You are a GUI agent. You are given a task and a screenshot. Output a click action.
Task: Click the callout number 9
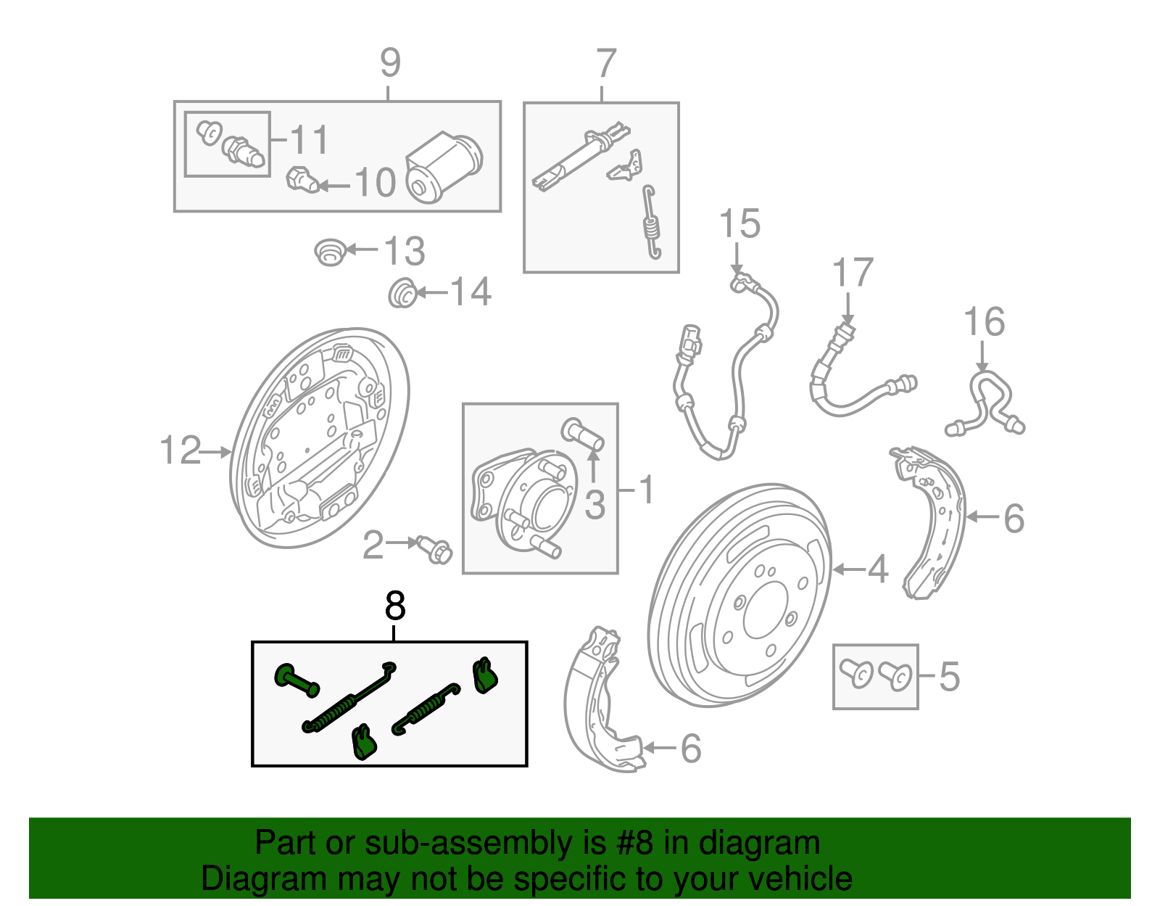click(x=390, y=64)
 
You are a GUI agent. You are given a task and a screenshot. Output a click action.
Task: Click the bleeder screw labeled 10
click(x=302, y=179)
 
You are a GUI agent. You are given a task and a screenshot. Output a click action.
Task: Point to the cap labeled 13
click(x=330, y=251)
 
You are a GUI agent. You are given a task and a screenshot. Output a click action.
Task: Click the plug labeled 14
click(x=402, y=293)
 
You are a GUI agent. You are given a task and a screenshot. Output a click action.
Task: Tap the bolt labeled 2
click(x=433, y=548)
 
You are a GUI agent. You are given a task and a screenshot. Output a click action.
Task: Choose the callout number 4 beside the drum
click(x=878, y=569)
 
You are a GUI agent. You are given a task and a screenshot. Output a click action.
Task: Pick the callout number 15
click(x=739, y=223)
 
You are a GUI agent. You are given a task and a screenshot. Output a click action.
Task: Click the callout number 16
click(x=984, y=322)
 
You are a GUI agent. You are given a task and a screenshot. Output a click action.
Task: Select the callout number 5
click(x=949, y=677)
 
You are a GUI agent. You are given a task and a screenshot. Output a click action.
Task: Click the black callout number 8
click(x=395, y=606)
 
